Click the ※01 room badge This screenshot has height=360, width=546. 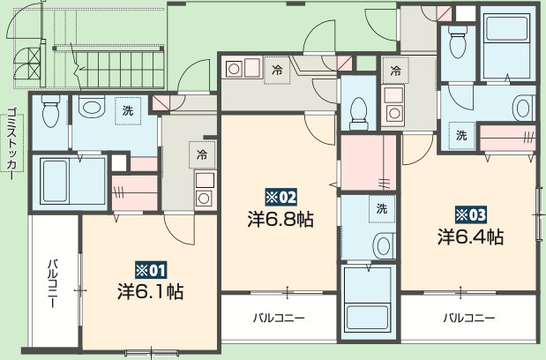[x=149, y=269]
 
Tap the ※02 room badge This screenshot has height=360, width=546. [x=280, y=197]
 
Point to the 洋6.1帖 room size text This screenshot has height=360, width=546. [x=150, y=290]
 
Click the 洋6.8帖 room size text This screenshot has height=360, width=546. [x=280, y=218]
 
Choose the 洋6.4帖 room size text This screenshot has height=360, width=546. [x=471, y=236]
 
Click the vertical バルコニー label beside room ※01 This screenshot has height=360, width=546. [x=53, y=283]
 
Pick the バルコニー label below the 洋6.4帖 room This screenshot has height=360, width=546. [x=468, y=318]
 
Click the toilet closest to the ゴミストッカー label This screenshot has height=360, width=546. [x=50, y=110]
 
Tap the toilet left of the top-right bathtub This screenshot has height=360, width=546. [x=458, y=40]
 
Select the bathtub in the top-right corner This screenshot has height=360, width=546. [x=506, y=40]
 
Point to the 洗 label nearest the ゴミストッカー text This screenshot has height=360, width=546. [x=128, y=111]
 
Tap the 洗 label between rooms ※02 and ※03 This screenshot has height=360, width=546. [x=381, y=209]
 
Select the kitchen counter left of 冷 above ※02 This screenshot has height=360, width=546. [x=240, y=68]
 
